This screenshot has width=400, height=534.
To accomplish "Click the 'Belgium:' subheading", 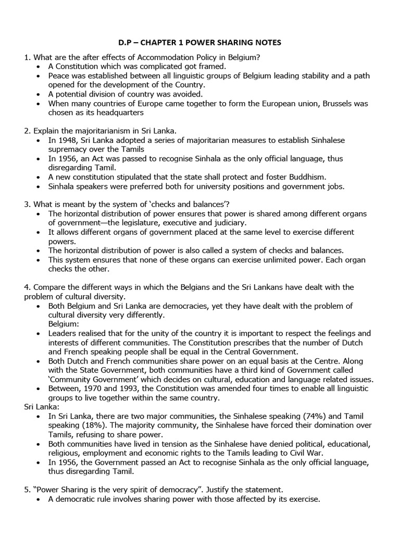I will point(65,323).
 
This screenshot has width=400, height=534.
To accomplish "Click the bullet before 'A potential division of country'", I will point(41,94).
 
